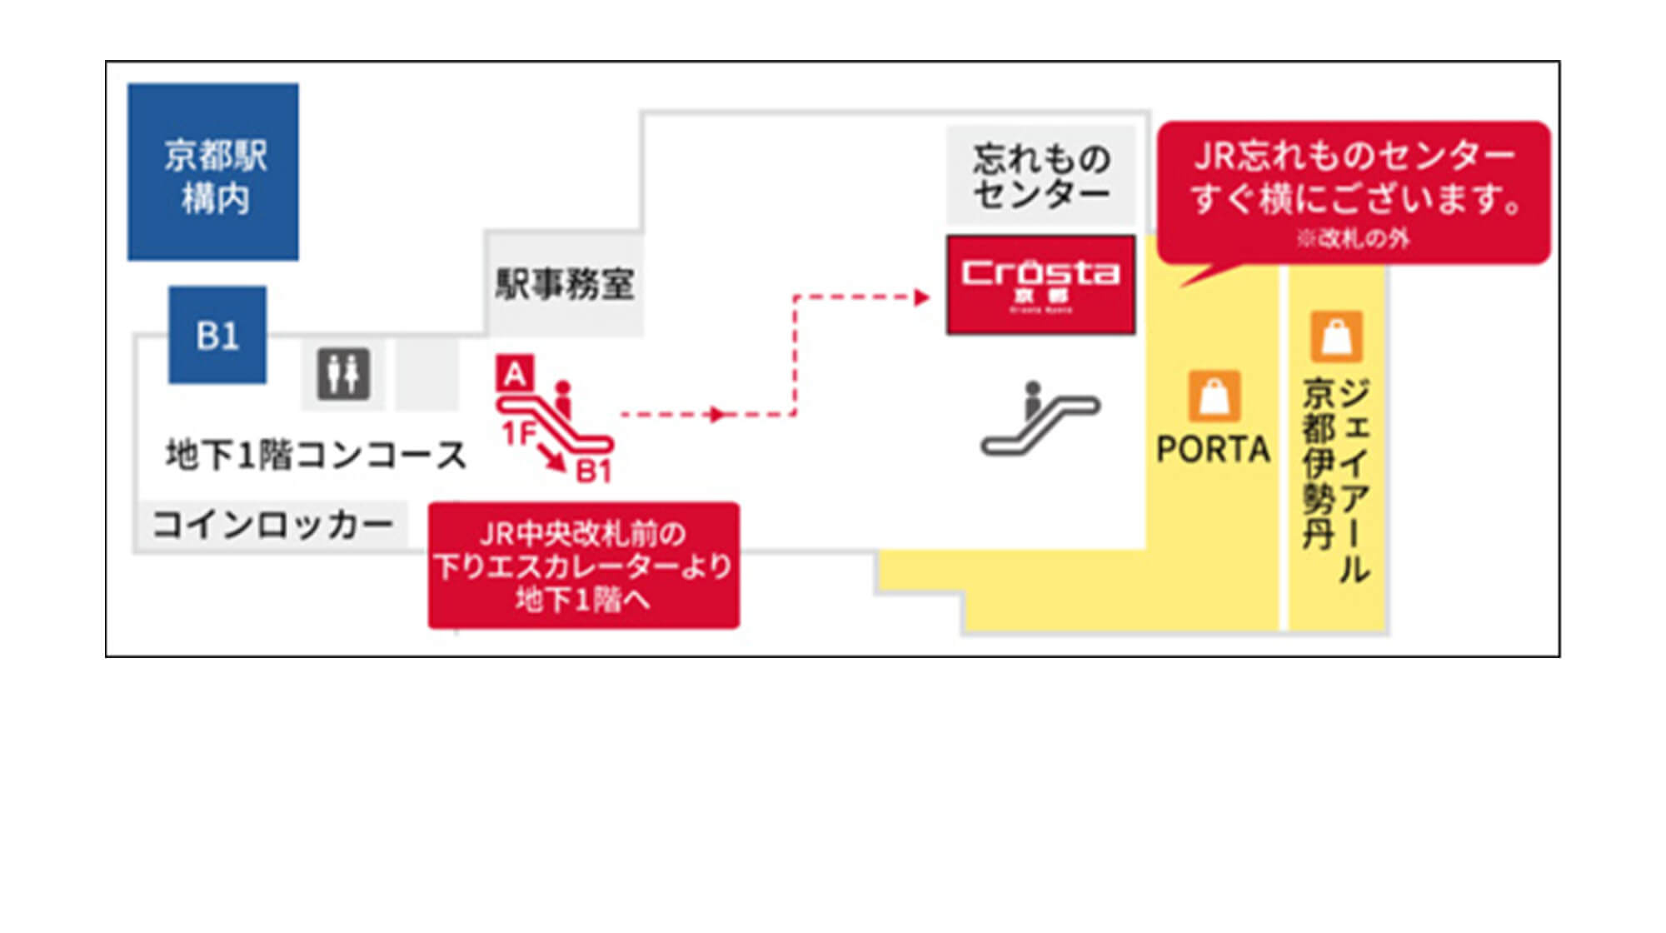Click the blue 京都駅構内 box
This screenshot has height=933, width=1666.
coord(213,172)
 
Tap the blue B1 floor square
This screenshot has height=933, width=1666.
coord(217,335)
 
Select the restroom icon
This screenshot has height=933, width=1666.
coord(343,374)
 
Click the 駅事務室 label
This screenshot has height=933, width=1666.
coord(565,285)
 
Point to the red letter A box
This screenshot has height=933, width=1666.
coord(515,374)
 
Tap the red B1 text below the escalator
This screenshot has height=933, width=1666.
coord(594,471)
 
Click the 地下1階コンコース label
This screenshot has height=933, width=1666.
coord(316,455)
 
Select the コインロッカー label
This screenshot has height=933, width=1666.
coord(272,525)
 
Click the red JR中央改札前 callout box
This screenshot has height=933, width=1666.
coord(583,566)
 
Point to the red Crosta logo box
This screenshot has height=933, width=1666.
coord(1040,285)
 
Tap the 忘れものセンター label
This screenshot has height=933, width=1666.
coord(1041,176)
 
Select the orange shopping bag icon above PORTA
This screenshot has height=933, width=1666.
coord(1214,396)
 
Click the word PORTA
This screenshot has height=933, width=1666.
coord(1213,450)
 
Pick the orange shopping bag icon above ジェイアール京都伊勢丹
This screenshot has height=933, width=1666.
coord(1336,336)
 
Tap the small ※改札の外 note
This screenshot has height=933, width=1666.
coord(1353,239)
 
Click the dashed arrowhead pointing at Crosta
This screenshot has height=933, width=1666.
coord(921,297)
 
